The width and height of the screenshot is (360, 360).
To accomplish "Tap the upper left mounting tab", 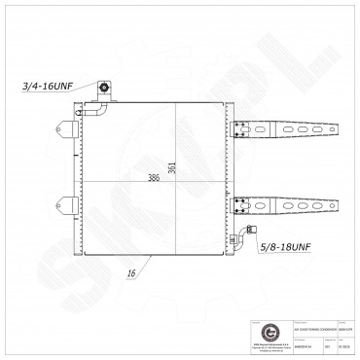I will (x=68, y=127).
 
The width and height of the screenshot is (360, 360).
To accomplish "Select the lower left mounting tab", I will (x=68, y=204).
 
